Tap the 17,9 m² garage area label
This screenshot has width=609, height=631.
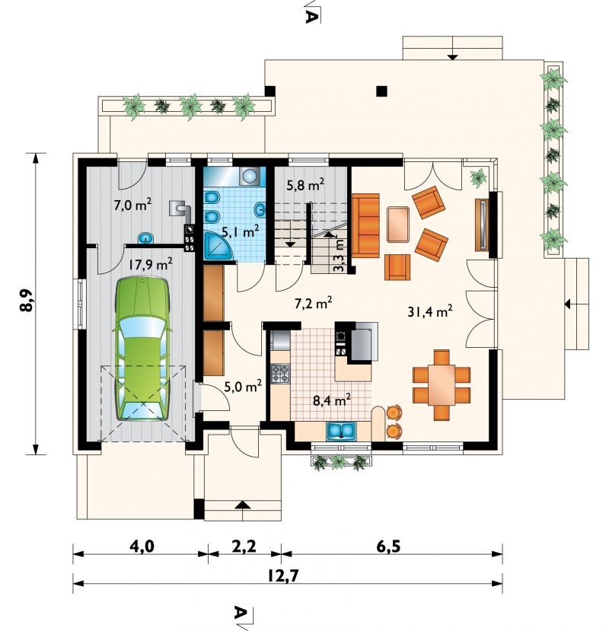tap(151, 264)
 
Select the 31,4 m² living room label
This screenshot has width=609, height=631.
tap(430, 311)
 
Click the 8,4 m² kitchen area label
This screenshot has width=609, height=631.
tap(332, 400)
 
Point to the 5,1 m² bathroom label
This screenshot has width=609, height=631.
tap(241, 231)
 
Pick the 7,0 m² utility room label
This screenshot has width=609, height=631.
tap(132, 206)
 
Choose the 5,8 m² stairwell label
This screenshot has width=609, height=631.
tap(305, 185)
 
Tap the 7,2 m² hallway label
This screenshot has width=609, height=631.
tap(313, 304)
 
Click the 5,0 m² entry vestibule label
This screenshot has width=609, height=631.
tap(243, 387)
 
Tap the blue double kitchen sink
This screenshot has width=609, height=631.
tap(341, 431)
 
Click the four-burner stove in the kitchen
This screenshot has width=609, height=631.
tap(281, 373)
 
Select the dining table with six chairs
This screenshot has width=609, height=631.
tap(442, 384)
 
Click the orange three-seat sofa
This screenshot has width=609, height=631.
tap(365, 225)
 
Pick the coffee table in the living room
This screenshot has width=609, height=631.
tap(398, 224)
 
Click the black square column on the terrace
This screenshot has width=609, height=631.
tap(381, 91)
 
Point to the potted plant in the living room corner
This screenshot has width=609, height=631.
tap(479, 177)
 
